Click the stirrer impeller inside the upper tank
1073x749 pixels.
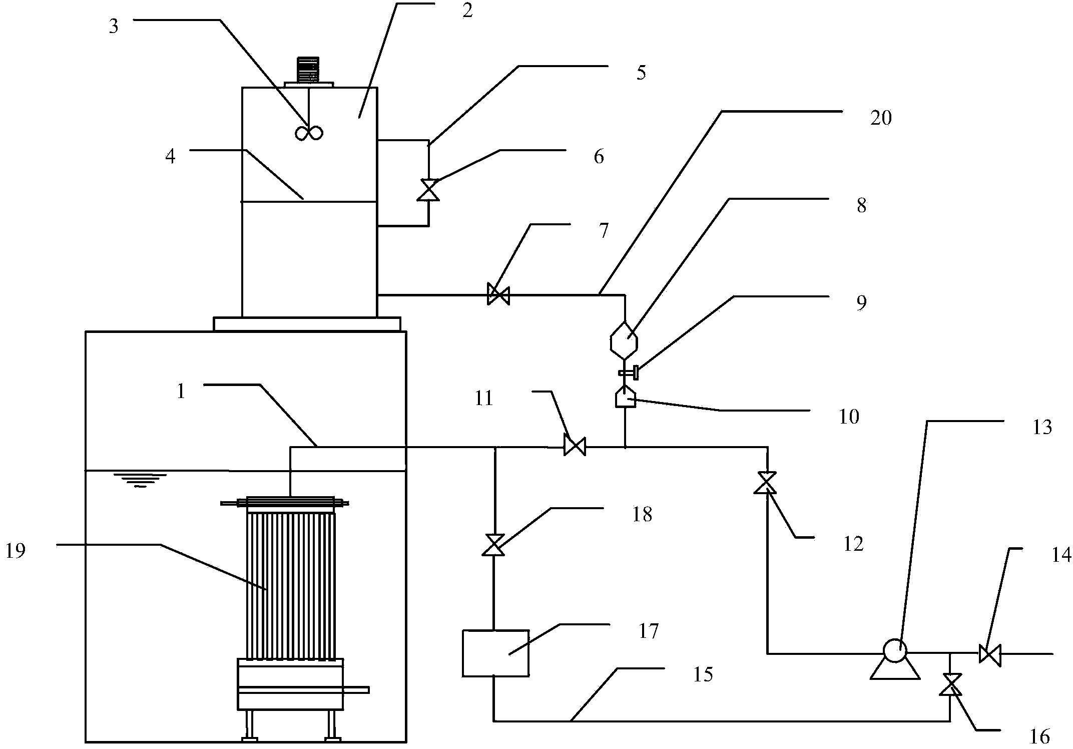pos(309,133)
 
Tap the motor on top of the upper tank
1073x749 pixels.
pos(308,70)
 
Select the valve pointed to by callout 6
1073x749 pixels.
pos(428,190)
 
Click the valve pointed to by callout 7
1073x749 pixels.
pos(498,294)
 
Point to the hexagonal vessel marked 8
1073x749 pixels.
pos(624,339)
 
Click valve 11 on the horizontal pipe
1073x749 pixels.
pos(575,445)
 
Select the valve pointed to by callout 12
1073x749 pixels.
pos(765,483)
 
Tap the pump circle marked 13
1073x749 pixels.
pos(894,651)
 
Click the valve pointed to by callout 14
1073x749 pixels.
pos(990,654)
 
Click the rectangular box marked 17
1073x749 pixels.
pos(495,653)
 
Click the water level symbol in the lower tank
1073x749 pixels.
pos(140,479)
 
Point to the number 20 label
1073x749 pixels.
pos(881,118)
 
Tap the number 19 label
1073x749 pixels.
pos(16,551)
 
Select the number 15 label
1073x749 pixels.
pos(703,674)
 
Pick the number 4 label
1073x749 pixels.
pos(170,157)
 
